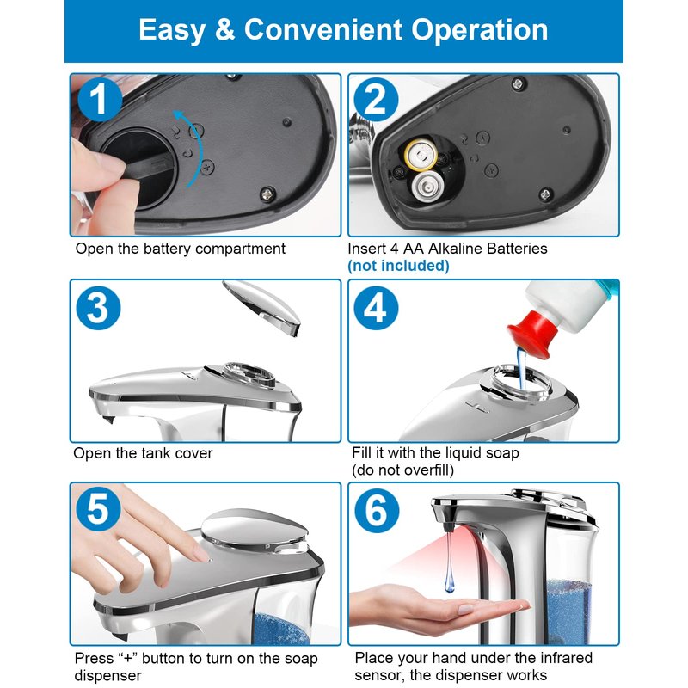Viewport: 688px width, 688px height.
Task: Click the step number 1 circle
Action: point(100,100)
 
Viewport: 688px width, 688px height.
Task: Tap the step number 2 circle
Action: point(376,100)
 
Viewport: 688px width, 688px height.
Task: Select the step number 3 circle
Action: point(98,308)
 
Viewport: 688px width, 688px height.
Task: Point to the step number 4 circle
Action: point(376,308)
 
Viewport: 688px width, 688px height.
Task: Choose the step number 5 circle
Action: point(99,508)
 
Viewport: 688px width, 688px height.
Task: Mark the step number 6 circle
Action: point(377,510)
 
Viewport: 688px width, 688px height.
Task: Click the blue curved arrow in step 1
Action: point(196,144)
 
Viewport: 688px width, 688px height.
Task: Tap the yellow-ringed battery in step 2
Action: point(421,155)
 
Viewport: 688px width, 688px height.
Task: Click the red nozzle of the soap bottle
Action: point(531,334)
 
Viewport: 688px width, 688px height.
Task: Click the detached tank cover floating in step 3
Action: point(261,307)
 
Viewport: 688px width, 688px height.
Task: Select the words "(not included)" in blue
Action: point(398,266)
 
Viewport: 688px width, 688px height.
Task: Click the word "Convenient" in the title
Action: point(323,30)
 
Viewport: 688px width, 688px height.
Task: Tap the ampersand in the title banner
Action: point(224,30)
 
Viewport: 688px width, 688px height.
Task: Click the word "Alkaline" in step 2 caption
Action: point(456,249)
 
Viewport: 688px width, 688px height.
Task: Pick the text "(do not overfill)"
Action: point(402,470)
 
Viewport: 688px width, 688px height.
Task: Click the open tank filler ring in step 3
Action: point(249,375)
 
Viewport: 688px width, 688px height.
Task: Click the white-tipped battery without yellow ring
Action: point(427,185)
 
